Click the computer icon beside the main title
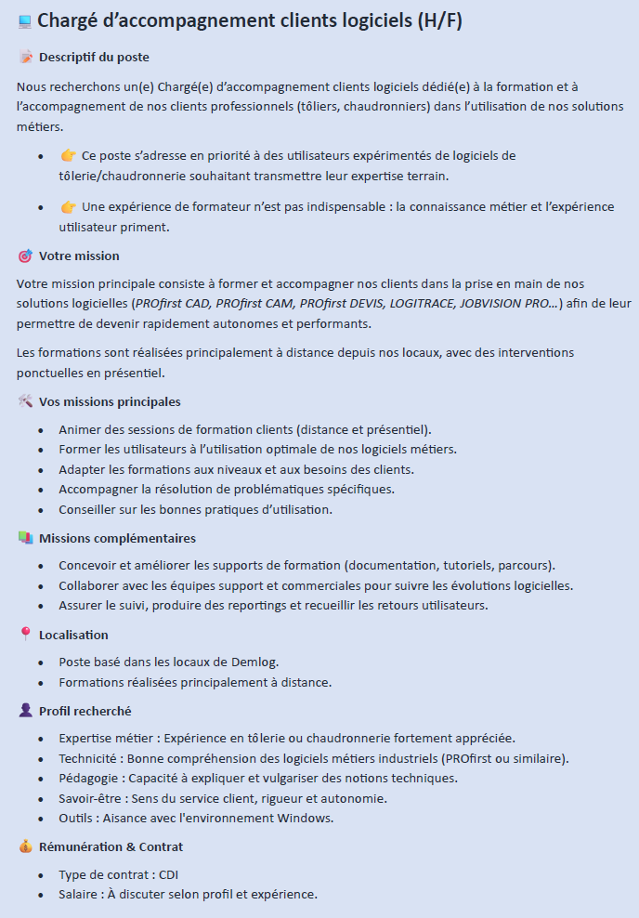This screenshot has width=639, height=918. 25,21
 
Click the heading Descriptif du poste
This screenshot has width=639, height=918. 94,58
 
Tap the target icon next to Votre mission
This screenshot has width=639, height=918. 25,256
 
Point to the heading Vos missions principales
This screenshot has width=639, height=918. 110,401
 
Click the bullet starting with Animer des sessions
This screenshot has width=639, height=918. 244,429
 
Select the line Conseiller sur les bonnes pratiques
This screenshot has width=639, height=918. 195,509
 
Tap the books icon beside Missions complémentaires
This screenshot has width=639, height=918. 25,538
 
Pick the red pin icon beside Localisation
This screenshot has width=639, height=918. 25,635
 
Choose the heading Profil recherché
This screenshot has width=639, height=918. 85,711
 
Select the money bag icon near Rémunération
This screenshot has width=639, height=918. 25,846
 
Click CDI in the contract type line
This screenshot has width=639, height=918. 168,874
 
